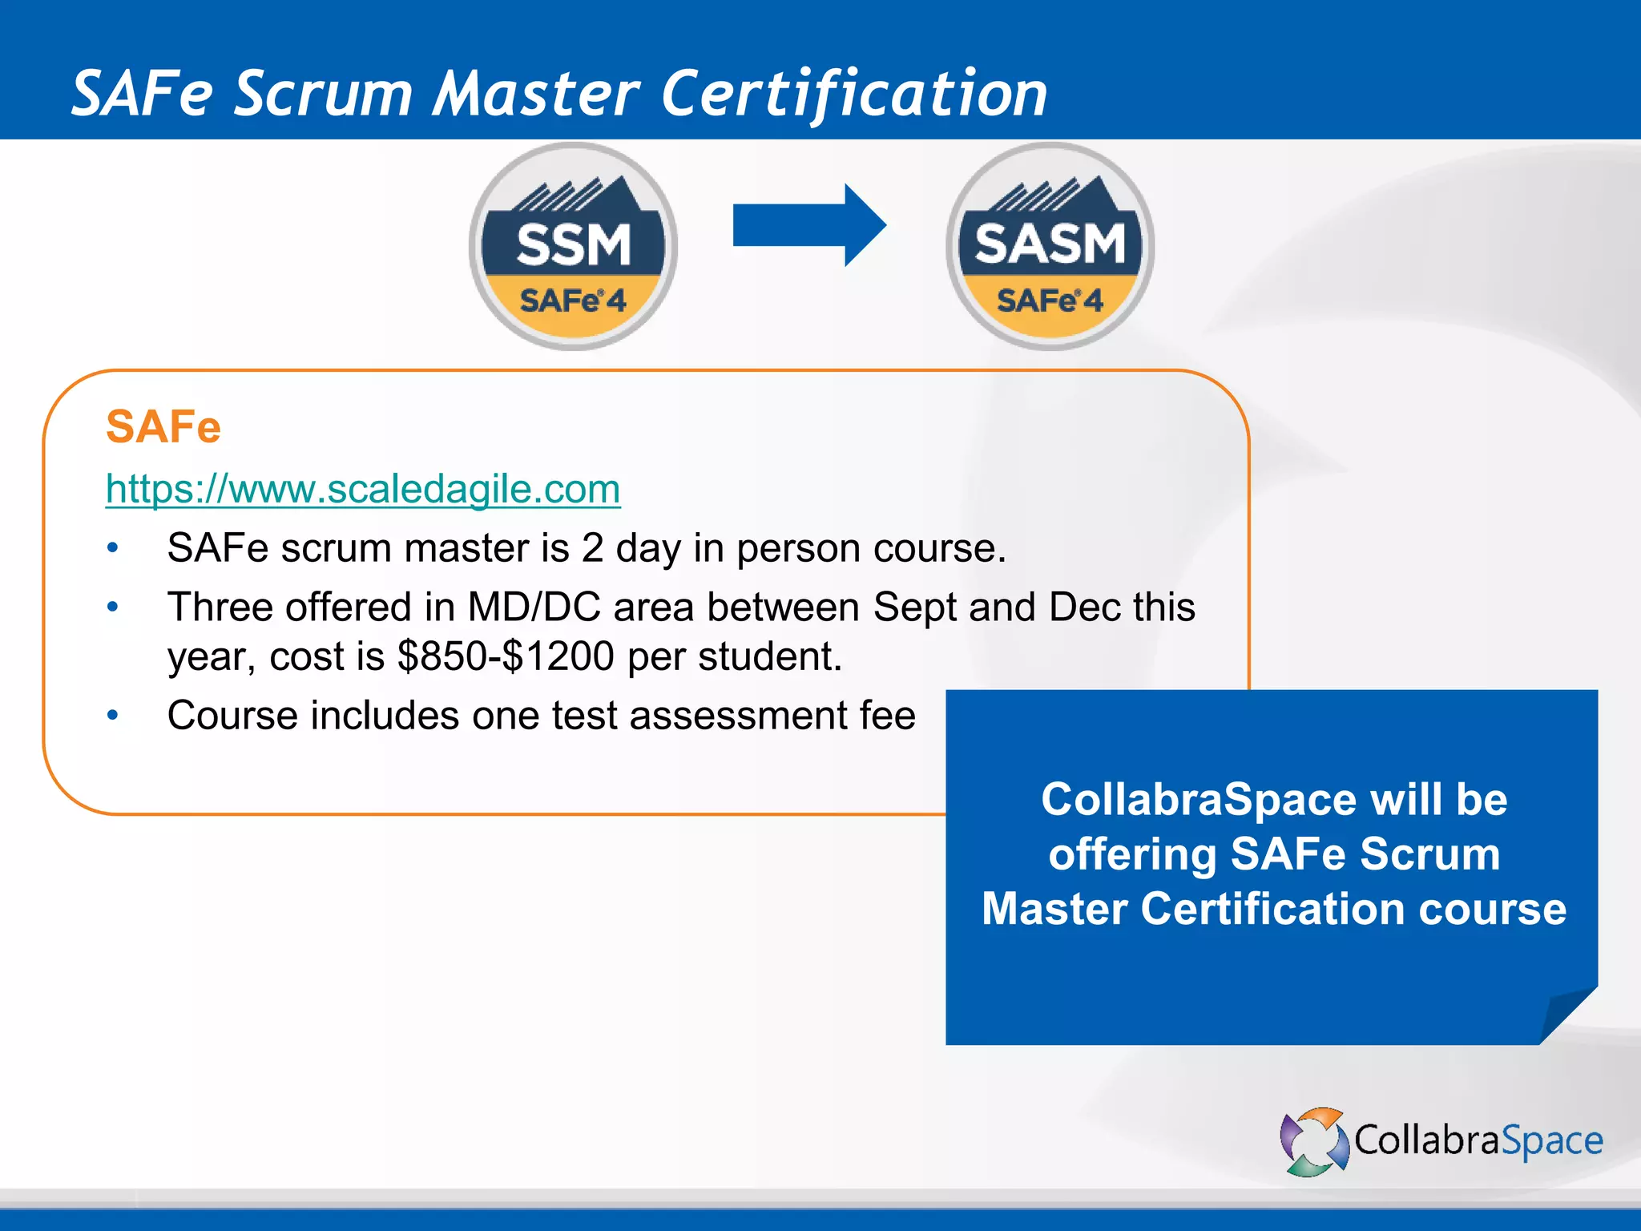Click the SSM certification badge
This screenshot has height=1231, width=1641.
coord(573,246)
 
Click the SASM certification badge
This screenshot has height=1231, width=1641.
coord(1050,246)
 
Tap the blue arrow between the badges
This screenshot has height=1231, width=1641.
coord(809,225)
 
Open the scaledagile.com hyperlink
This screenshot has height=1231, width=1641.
coord(363,489)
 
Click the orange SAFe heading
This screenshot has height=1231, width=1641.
coord(163,426)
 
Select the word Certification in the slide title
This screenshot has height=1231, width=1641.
coord(854,94)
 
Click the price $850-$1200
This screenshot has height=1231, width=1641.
coord(506,656)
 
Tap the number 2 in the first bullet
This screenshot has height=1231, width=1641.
coord(592,549)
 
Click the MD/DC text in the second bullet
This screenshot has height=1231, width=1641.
coord(534,607)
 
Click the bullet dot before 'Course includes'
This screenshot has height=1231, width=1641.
coord(113,715)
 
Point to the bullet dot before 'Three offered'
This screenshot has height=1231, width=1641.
coord(113,607)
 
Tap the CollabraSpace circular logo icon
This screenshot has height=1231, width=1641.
coord(1314,1141)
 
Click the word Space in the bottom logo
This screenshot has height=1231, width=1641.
coord(1551,1141)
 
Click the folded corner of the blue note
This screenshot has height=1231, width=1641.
coord(1566,1015)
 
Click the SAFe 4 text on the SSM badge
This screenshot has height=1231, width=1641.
coord(573,301)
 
